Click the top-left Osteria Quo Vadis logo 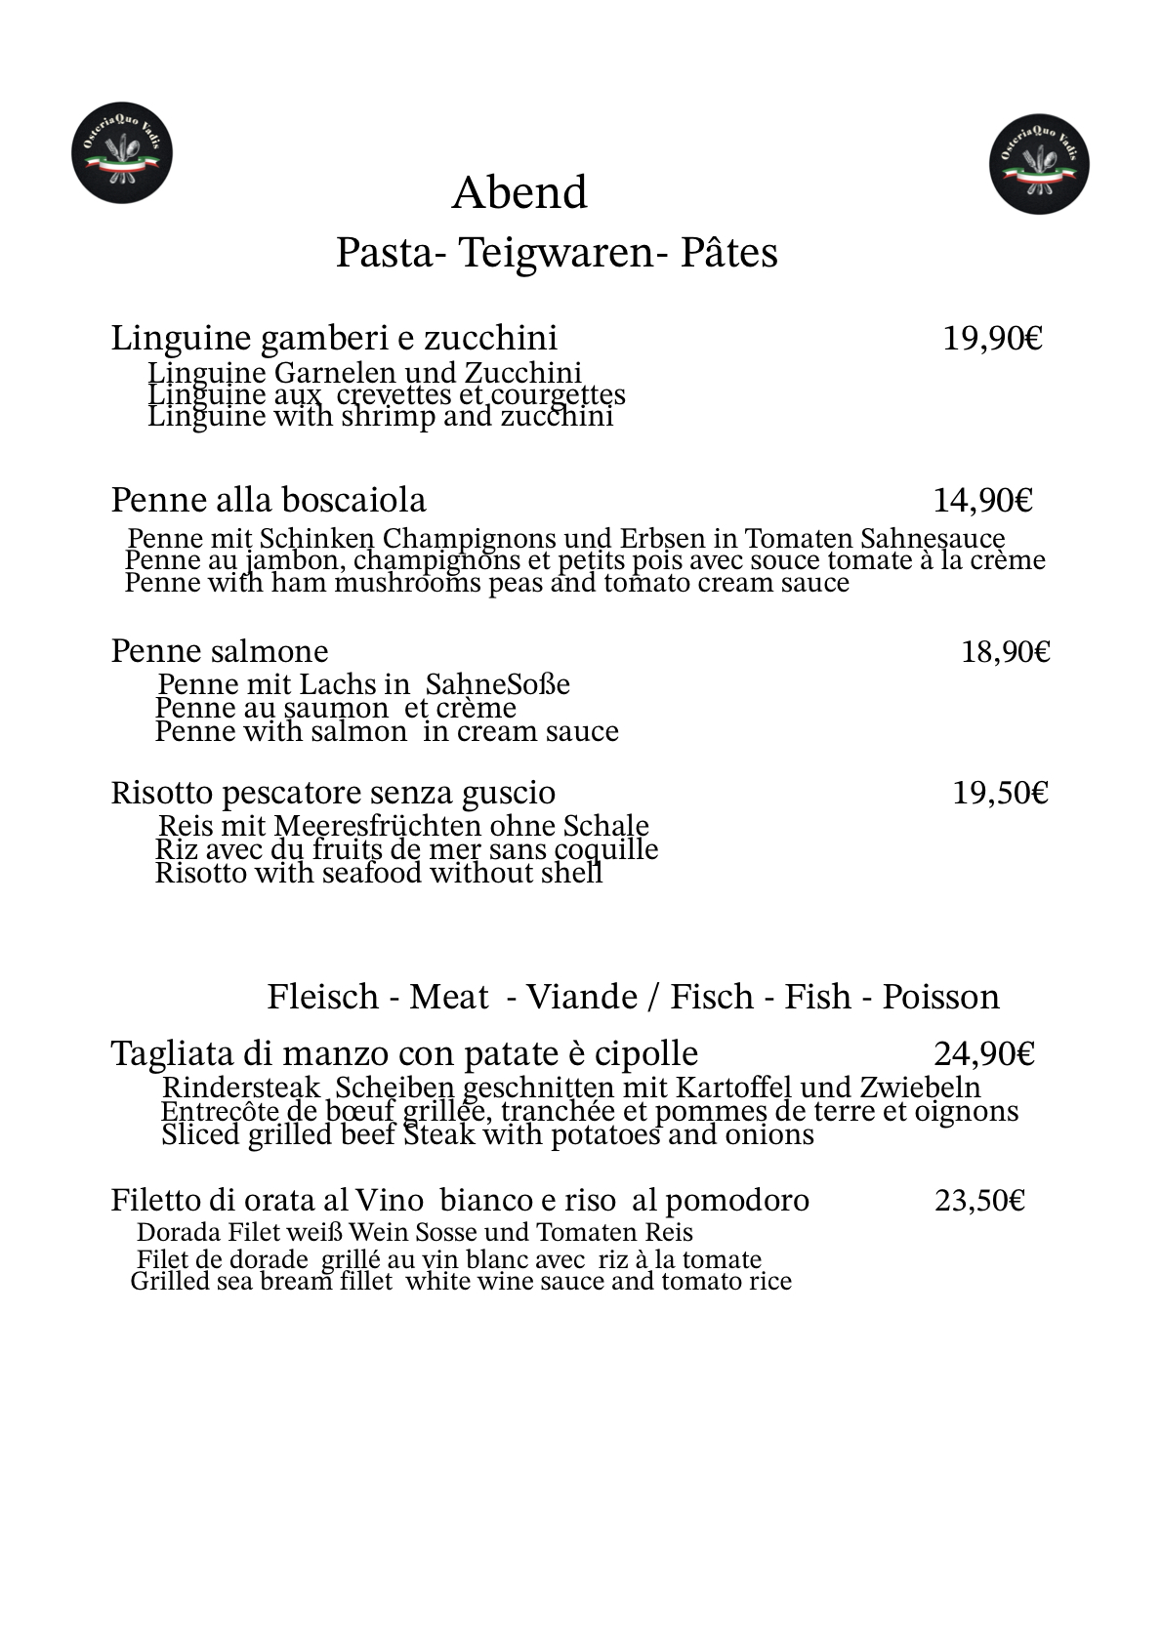click(122, 156)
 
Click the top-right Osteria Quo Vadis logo click(1040, 164)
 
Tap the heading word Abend click(519, 193)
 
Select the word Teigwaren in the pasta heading click(556, 253)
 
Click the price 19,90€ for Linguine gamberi click(992, 339)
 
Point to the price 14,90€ click(982, 501)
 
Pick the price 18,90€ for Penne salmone click(1005, 651)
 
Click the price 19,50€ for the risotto click(1000, 793)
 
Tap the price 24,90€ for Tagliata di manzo click(984, 1054)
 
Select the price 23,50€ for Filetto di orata click(979, 1200)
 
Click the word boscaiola click(353, 500)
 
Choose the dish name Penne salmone click(220, 651)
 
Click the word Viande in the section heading click(581, 997)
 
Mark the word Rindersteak click(241, 1088)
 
